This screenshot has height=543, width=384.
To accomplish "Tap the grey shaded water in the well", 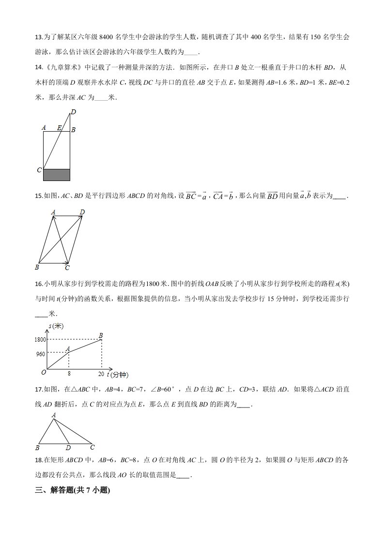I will [57, 175].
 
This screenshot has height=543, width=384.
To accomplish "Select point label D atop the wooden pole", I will [73, 112].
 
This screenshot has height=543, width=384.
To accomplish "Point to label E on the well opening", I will [59, 128].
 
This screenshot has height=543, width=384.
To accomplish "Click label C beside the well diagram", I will [39, 170].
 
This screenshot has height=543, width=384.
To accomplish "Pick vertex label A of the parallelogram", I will [53, 212].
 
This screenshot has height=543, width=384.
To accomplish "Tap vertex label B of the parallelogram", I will [37, 267].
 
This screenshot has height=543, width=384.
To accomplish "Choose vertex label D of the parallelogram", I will [82, 212].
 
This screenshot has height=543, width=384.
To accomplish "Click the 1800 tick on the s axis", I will [40, 340].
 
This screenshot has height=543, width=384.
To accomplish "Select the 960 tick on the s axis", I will [41, 354].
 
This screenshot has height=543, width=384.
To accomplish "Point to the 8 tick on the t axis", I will [69, 374].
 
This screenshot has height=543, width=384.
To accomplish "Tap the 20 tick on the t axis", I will [101, 374].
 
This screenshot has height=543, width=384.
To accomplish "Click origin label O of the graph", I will [44, 372].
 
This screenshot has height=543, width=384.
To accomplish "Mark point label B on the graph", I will [101, 335].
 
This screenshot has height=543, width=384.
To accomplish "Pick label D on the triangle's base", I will [68, 447].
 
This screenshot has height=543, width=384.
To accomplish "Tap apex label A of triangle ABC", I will [53, 415].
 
